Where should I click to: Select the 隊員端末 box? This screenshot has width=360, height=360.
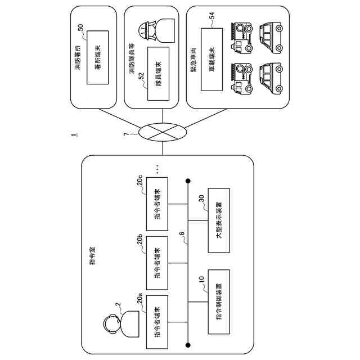(158, 74)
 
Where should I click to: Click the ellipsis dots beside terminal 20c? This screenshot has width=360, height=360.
(158, 168)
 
